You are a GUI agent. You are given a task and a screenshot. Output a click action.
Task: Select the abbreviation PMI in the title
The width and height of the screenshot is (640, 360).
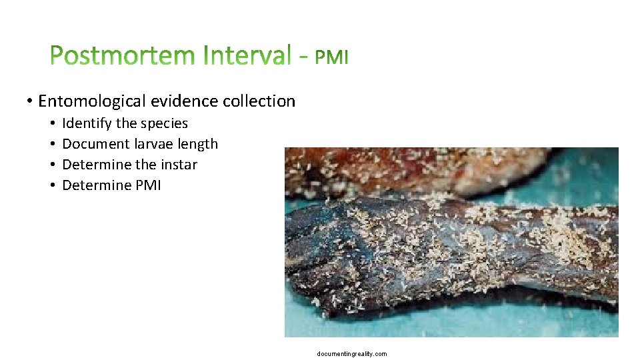(331, 58)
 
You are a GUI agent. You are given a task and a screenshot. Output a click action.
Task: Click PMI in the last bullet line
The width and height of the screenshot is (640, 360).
(148, 185)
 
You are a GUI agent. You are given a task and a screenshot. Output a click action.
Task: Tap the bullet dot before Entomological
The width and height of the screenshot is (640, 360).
(30, 102)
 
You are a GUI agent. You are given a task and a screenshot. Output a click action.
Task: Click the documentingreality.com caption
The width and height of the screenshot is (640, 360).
(352, 353)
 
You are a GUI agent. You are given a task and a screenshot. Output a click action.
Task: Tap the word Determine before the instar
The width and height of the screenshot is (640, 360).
(96, 164)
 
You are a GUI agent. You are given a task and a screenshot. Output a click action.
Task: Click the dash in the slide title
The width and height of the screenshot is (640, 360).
(303, 59)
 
